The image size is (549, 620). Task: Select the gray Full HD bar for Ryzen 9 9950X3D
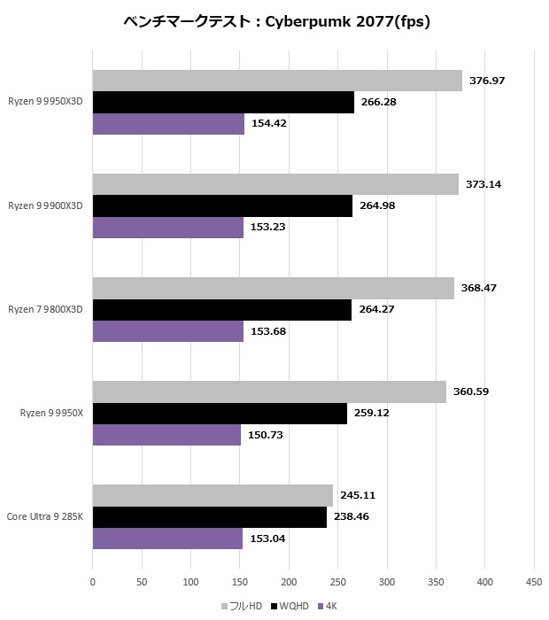pyautogui.click(x=277, y=81)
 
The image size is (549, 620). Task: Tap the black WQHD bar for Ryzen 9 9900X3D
pyautogui.click(x=222, y=205)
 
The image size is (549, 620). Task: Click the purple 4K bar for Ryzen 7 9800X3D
pyautogui.click(x=167, y=331)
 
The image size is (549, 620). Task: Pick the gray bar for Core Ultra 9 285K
pyautogui.click(x=213, y=495)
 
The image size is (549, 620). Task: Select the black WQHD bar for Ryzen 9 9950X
pyautogui.click(x=220, y=414)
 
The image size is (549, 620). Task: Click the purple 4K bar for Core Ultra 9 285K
pyautogui.click(x=167, y=539)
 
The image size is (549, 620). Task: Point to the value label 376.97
pyautogui.click(x=487, y=81)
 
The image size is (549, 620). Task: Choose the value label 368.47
pyautogui.click(x=479, y=289)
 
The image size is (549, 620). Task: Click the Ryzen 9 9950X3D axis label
pyautogui.click(x=45, y=102)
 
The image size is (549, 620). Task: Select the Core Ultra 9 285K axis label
pyautogui.click(x=45, y=516)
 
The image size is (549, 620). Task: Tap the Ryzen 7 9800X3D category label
pyautogui.click(x=45, y=309)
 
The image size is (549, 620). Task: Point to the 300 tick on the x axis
pyautogui.click(x=386, y=582)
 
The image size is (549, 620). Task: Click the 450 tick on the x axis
pyautogui.click(x=533, y=582)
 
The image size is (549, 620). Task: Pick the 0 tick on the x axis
pyautogui.click(x=93, y=582)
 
